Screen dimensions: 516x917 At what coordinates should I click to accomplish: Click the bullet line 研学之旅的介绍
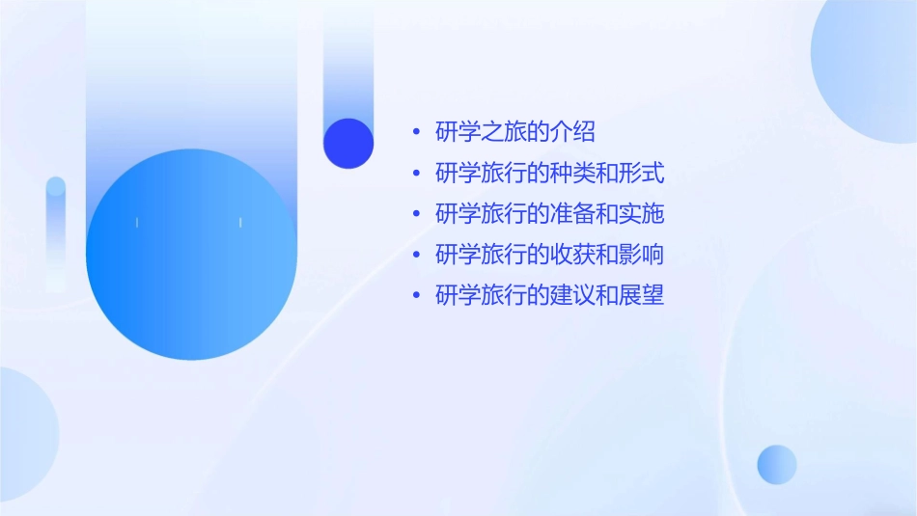(514, 132)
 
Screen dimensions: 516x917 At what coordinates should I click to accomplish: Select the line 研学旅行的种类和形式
(549, 174)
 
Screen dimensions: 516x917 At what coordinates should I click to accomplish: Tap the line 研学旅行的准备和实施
(549, 214)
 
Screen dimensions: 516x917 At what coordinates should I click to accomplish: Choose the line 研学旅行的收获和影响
(549, 255)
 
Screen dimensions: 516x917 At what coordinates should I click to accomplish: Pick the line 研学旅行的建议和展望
(549, 295)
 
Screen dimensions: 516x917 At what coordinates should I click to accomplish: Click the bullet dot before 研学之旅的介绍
(416, 133)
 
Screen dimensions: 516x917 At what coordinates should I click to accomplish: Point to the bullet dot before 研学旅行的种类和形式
(416, 174)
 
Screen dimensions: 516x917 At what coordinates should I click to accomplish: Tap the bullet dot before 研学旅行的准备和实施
(416, 214)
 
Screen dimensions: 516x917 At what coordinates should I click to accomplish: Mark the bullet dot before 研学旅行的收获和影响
(416, 255)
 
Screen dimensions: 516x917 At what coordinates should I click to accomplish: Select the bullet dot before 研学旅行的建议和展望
(416, 295)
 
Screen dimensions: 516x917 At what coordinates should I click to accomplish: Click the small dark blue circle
(348, 143)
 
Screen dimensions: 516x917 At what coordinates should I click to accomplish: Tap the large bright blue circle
(191, 255)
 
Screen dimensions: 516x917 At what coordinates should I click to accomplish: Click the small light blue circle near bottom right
(777, 464)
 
